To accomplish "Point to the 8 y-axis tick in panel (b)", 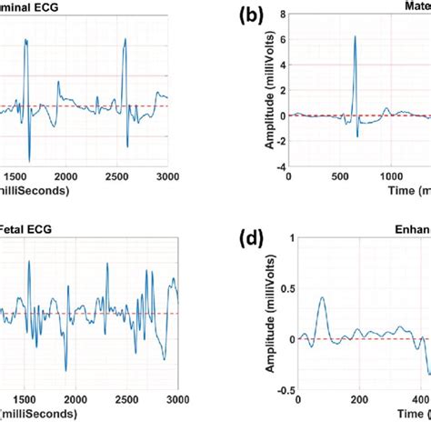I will click(x=282, y=14).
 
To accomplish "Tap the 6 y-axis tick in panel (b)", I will click(x=282, y=39).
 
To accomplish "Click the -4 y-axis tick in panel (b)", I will click(x=279, y=167).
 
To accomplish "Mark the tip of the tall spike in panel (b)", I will click(x=355, y=36).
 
